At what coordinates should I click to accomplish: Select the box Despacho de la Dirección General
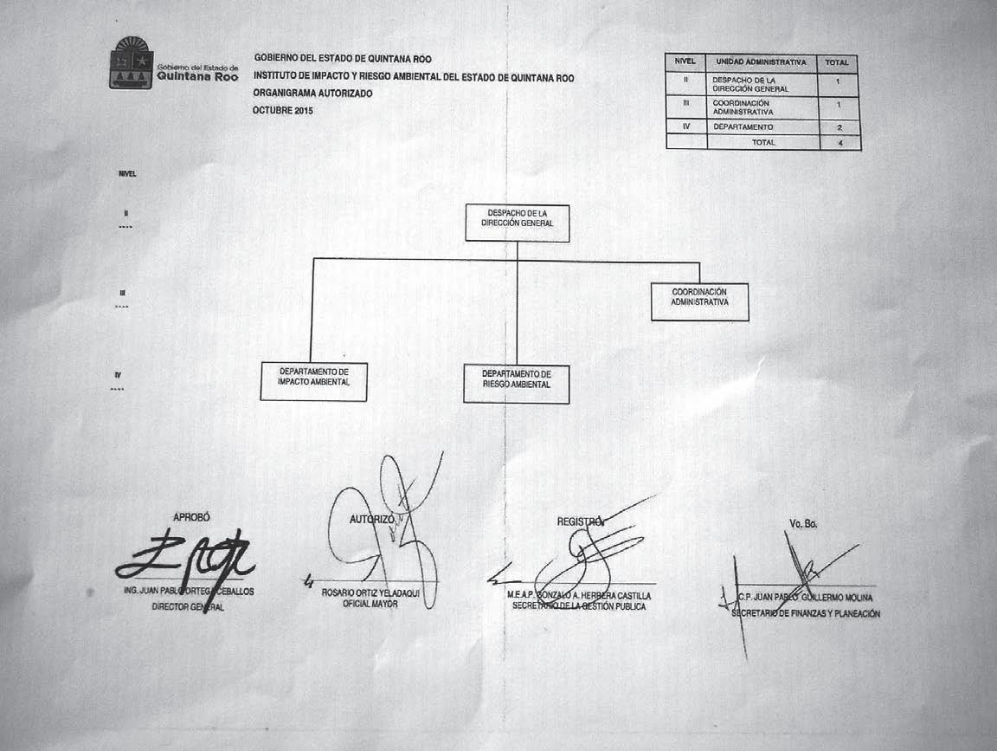517,223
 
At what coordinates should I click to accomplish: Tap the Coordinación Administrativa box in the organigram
699,301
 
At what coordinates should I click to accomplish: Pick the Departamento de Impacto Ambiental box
313,382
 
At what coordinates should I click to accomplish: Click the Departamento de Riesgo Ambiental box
516,384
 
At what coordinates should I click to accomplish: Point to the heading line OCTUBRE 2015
283,111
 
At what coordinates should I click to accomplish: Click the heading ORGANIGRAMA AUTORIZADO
312,94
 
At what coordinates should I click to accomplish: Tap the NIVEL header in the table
685,62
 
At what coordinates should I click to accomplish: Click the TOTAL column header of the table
837,63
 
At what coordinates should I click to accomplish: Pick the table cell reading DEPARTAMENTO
743,127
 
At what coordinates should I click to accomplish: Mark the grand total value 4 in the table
839,142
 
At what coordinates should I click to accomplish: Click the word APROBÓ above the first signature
191,517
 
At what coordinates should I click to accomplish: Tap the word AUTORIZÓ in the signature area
372,519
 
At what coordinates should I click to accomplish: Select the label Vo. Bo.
803,524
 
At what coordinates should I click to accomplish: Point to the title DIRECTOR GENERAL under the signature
187,607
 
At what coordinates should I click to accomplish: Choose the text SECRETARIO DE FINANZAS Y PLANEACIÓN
806,613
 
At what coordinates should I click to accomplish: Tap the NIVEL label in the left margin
127,174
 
